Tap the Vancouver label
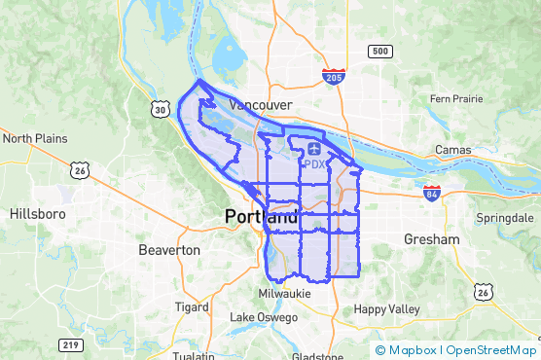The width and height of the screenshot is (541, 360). pos(260,104)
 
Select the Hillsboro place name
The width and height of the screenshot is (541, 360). pos(37,213)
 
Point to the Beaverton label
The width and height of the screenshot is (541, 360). pos(169,250)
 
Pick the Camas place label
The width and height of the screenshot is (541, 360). pos(452,151)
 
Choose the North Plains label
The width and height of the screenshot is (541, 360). pos(35,138)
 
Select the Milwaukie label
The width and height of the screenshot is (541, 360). pos(284,293)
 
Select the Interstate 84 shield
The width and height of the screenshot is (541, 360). pos(432,193)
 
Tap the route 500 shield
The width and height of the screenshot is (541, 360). pos(380,51)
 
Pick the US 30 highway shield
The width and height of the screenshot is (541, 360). pos(159,110)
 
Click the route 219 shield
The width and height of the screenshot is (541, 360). pos(69,344)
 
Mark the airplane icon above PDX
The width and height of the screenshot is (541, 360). pos(314,148)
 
